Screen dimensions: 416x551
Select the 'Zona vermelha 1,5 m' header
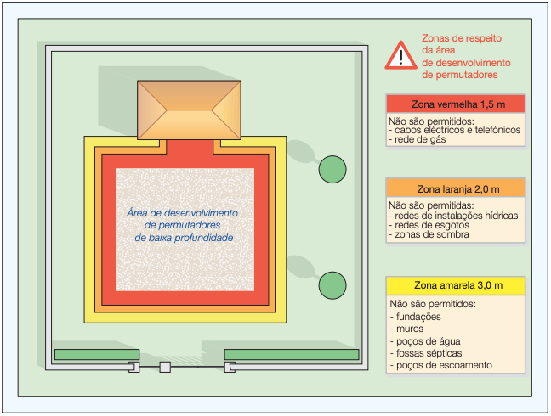coord(455,104)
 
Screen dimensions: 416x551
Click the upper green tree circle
coord(332,170)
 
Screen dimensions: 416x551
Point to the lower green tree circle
coord(332,284)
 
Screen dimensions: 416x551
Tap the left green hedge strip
coord(97,354)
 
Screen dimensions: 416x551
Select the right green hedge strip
coord(292,354)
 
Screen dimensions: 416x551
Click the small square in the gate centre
coord(165,367)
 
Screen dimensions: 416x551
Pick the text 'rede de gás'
coord(420,140)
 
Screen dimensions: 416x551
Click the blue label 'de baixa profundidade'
coord(185,239)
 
